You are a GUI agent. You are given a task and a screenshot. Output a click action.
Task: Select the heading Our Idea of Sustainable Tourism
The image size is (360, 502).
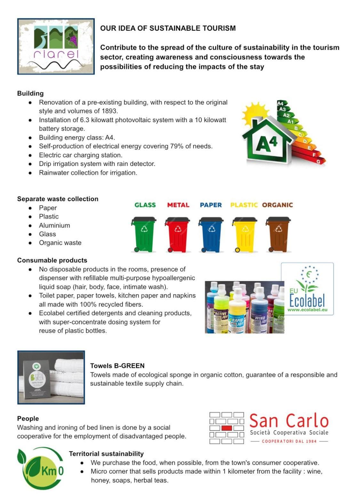[x=168, y=28]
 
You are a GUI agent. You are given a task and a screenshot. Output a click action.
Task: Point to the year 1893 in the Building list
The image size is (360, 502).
[x=109, y=111]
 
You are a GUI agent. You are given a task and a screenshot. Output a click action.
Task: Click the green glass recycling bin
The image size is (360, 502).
[x=144, y=234]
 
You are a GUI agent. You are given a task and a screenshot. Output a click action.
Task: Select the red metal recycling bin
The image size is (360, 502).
[x=177, y=234]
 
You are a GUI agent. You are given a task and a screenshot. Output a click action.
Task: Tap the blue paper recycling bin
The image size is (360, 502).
[x=211, y=234]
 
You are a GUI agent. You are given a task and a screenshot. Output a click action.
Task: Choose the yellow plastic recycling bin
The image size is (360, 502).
[x=244, y=234]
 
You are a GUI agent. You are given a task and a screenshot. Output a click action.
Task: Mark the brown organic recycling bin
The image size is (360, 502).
[x=278, y=234]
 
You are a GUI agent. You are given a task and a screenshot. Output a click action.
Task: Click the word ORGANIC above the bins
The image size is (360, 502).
[x=277, y=205]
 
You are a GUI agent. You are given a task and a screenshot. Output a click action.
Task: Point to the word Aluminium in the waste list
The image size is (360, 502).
[x=54, y=225]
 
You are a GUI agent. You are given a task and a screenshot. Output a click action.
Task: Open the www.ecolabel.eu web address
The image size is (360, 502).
[x=307, y=310]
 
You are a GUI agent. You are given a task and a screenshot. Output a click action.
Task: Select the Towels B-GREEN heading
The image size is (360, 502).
[x=117, y=366]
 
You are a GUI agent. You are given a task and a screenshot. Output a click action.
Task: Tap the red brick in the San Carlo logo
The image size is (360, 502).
[x=227, y=428]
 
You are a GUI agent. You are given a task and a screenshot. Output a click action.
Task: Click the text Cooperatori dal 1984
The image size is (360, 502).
[x=289, y=441]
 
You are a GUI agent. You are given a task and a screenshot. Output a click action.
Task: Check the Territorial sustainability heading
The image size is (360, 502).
[x=106, y=454]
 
